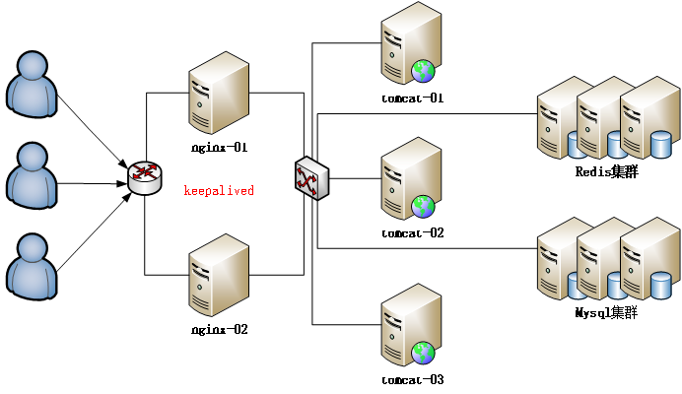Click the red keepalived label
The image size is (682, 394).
point(219,191)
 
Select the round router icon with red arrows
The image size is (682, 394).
point(145,177)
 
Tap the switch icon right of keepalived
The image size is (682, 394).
point(311,178)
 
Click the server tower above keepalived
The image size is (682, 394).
point(218,93)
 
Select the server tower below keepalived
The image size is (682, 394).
point(218,275)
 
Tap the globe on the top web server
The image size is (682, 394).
point(423,71)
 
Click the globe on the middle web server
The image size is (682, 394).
point(423,206)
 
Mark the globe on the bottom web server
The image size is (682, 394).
point(423,353)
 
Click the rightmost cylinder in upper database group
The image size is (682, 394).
point(660,145)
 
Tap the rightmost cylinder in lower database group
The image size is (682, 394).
point(660,286)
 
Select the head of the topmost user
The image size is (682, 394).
point(33,66)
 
